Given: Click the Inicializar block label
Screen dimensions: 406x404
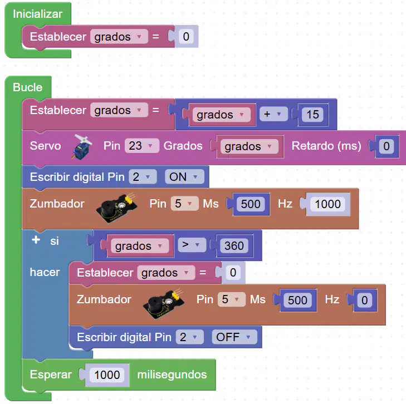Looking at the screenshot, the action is pyautogui.click(x=37, y=14).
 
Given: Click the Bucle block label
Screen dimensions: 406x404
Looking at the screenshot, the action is pyautogui.click(x=28, y=87).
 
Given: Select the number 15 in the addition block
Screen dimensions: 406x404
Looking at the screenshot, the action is pyautogui.click(x=312, y=114).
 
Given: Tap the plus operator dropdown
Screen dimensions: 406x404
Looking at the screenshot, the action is pyautogui.click(x=273, y=114).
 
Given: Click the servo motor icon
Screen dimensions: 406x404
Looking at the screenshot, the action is pyautogui.click(x=82, y=147).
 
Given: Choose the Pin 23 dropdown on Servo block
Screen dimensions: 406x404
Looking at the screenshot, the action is pyautogui.click(x=141, y=146).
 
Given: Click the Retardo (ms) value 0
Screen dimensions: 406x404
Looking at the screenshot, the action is pyautogui.click(x=387, y=146).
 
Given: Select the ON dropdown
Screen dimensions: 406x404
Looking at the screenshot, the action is pyautogui.click(x=184, y=177).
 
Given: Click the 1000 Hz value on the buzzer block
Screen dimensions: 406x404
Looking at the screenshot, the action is pyautogui.click(x=327, y=204).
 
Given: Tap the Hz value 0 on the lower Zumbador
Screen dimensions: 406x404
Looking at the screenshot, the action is pyautogui.click(x=364, y=300).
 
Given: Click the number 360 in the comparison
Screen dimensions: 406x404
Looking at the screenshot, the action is pyautogui.click(x=234, y=245).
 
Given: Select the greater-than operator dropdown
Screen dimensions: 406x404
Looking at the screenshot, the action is pyautogui.click(x=192, y=245).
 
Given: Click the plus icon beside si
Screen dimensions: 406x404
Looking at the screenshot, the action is pyautogui.click(x=36, y=240).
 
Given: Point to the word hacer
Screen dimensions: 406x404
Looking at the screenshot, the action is pyautogui.click(x=45, y=272).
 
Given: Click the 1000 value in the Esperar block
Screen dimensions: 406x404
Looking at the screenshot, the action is pyautogui.click(x=107, y=375).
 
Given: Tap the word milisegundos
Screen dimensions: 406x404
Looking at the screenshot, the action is pyautogui.click(x=172, y=375).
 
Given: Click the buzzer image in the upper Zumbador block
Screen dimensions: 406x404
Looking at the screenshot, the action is pyautogui.click(x=116, y=208).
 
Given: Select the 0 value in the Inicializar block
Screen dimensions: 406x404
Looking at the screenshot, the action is pyautogui.click(x=186, y=37).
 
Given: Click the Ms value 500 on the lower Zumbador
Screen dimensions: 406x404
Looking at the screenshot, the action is pyautogui.click(x=297, y=300).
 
